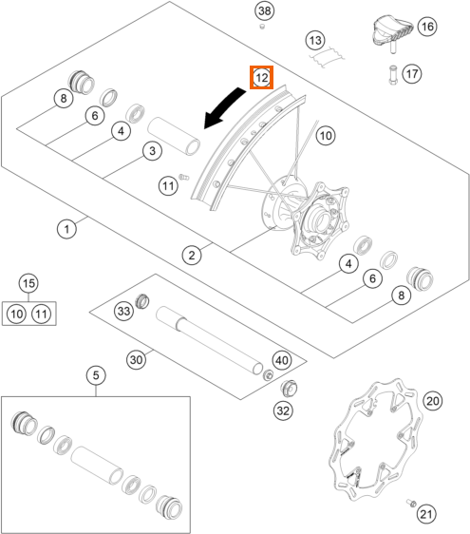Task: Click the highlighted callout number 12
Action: tap(261, 78)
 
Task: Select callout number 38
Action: tap(265, 10)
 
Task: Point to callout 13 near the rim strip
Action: tap(315, 41)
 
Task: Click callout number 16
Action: tap(427, 27)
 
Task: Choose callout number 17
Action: tap(412, 73)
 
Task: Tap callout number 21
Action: tap(426, 514)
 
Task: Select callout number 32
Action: tap(283, 410)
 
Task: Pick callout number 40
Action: tap(282, 360)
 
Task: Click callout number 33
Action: tap(123, 311)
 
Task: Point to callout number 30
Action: tap(136, 359)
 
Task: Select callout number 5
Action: tap(96, 375)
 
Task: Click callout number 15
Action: tap(28, 283)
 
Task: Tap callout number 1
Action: tap(66, 229)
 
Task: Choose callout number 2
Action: tap(192, 255)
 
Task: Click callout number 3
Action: tap(152, 150)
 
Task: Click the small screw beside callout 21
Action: tap(411, 503)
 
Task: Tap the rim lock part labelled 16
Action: tap(391, 31)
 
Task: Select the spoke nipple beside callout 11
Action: tap(184, 177)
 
